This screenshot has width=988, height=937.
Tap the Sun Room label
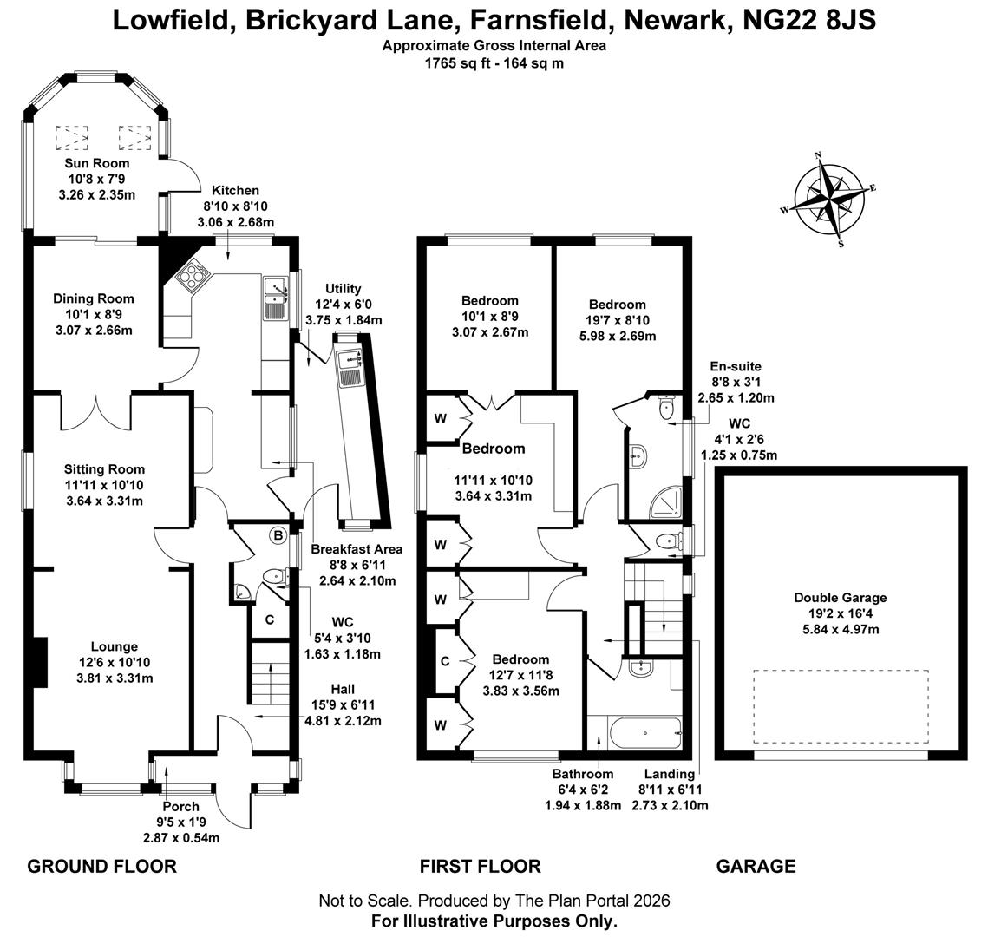pyautogui.click(x=96, y=163)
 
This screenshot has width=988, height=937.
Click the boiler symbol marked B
pyautogui.click(x=278, y=535)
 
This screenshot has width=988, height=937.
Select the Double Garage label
pyautogui.click(x=840, y=598)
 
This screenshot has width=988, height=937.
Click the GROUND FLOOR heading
pyautogui.click(x=101, y=866)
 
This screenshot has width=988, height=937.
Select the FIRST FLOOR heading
pyautogui.click(x=480, y=866)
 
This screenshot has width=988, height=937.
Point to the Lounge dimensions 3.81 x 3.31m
pyautogui.click(x=114, y=678)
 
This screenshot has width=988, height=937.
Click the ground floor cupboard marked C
pyautogui.click(x=270, y=619)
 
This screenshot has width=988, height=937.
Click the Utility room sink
pyautogui.click(x=352, y=372)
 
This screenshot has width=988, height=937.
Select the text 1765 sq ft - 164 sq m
pyautogui.click(x=494, y=62)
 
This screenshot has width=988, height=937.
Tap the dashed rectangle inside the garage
pyautogui.click(x=840, y=705)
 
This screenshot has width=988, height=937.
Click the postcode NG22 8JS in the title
pyautogui.click(x=809, y=20)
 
